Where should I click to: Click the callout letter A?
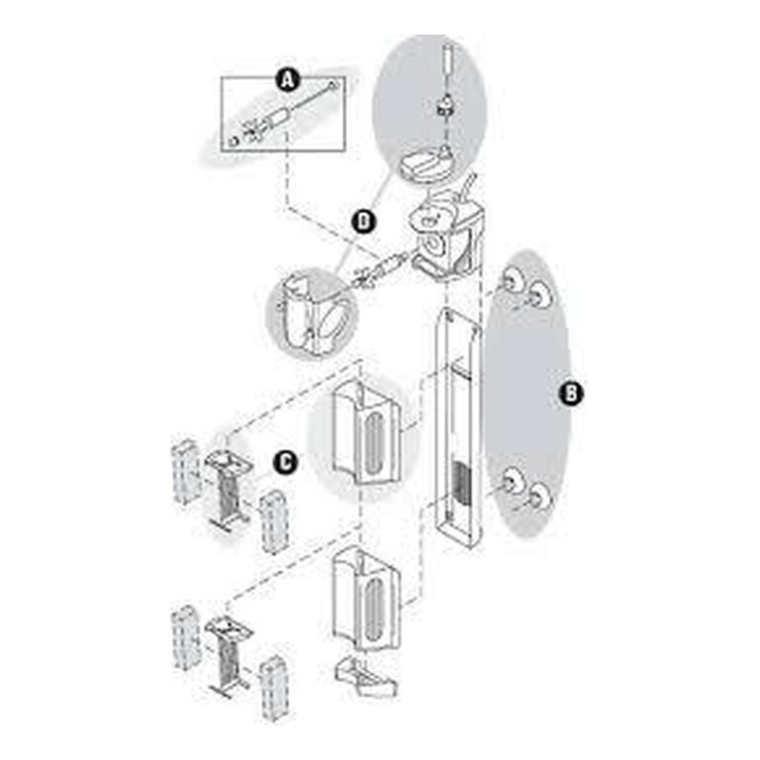[x=288, y=80]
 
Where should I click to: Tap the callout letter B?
[x=571, y=393]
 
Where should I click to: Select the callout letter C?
[x=286, y=462]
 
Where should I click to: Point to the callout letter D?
[x=363, y=222]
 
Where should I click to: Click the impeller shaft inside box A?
[x=283, y=115]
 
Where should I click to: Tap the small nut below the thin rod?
[x=445, y=108]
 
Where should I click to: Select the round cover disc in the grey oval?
[x=427, y=166]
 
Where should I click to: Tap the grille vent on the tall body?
[x=459, y=483]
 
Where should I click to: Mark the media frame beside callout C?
[x=228, y=491]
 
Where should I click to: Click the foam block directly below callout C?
[x=274, y=522]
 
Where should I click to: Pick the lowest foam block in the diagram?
[x=274, y=689]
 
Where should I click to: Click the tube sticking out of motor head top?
[x=469, y=188]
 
